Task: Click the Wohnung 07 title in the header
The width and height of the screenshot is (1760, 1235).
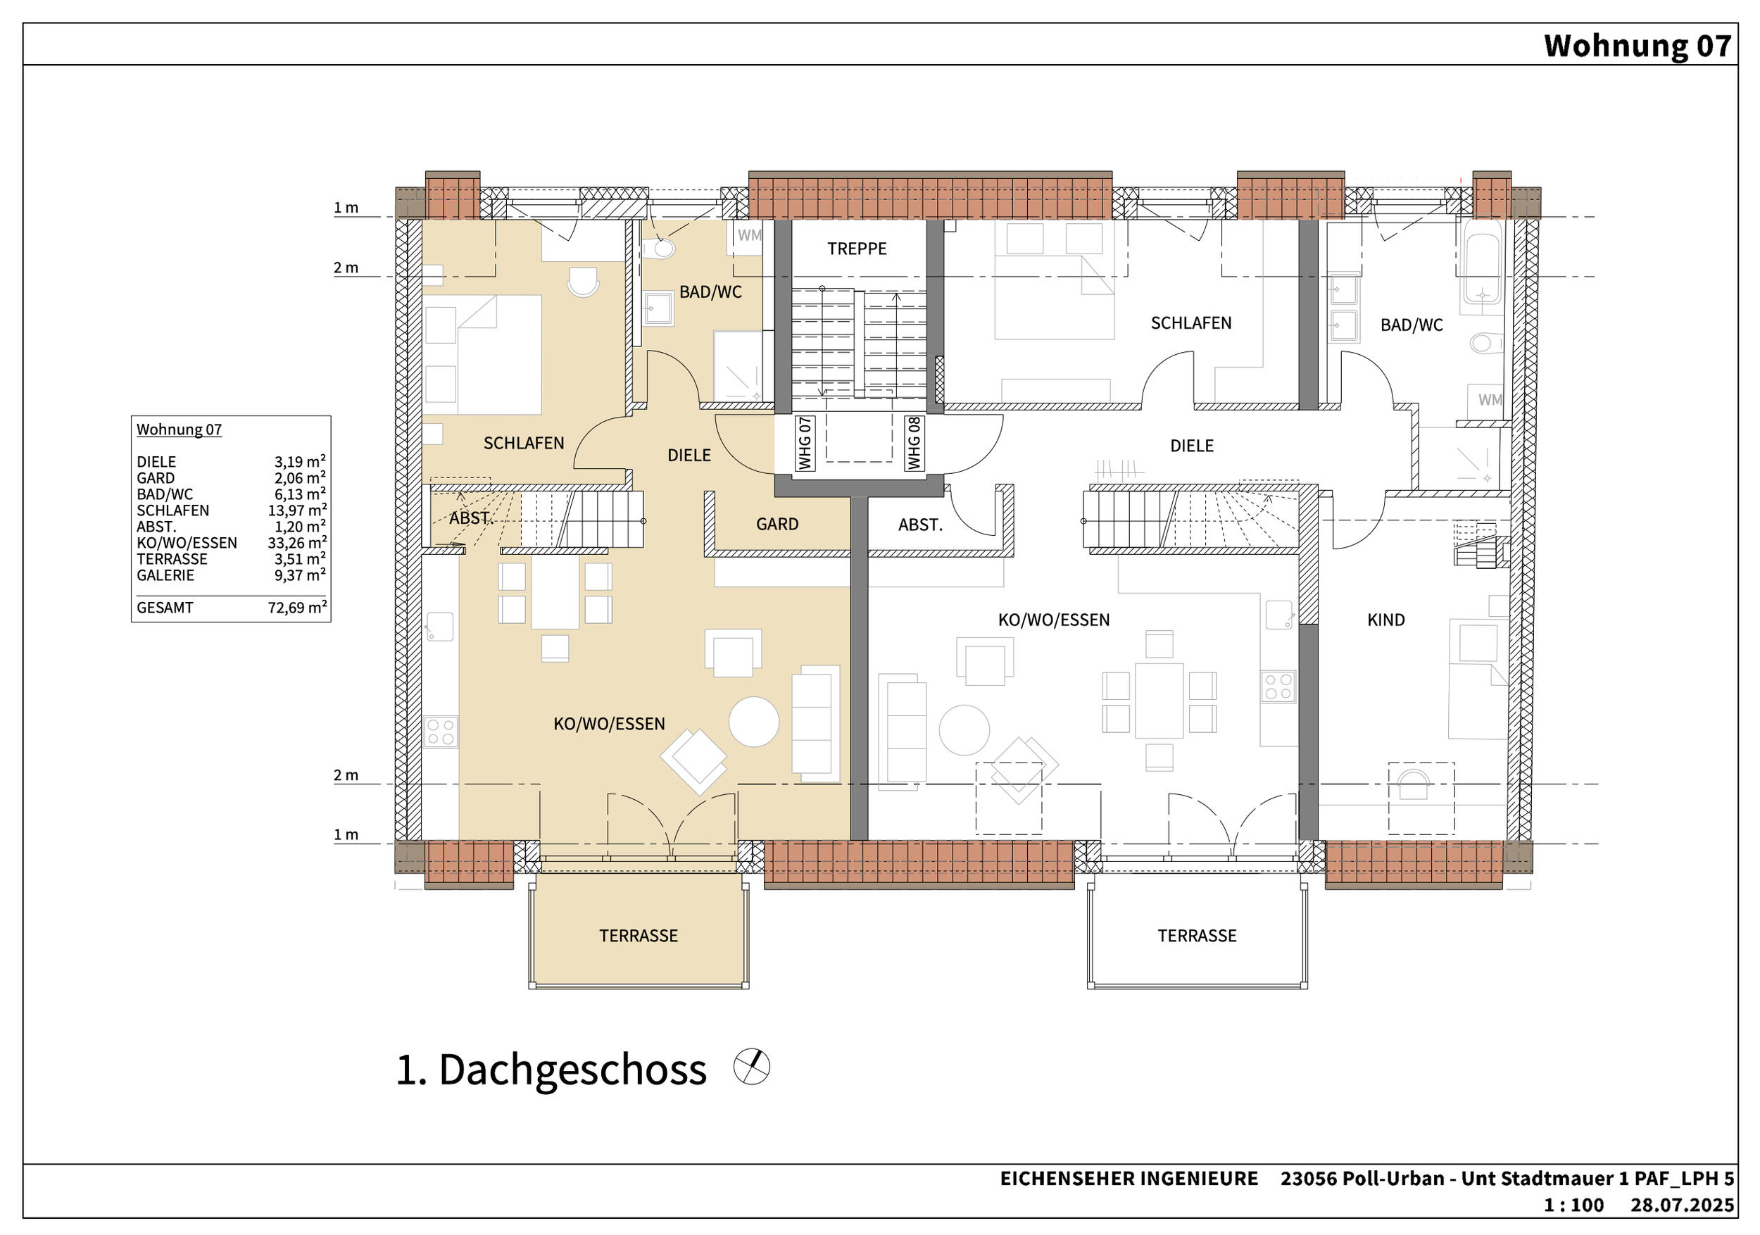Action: point(1638,46)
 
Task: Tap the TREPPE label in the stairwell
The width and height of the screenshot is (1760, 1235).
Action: point(856,249)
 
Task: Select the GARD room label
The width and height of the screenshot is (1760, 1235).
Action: point(777,525)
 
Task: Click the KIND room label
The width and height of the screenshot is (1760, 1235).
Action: point(1386,620)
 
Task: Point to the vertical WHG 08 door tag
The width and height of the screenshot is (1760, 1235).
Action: point(914,443)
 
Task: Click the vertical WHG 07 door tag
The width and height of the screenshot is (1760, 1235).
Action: point(804,443)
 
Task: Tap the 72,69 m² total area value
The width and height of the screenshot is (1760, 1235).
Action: point(297,608)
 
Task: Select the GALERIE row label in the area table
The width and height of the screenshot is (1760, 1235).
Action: point(165,576)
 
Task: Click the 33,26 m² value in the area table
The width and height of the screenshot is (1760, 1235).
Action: point(297,543)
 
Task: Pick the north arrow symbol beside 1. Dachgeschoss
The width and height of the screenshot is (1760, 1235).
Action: point(751,1066)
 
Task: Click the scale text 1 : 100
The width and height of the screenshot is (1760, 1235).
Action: point(1573,1205)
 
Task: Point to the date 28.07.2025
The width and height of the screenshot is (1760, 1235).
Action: point(1683,1205)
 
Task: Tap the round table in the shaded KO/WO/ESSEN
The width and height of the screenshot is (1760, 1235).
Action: point(754,722)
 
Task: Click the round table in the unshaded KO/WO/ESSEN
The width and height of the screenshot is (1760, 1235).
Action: point(964,730)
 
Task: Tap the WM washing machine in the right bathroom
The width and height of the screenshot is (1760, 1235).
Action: point(1490,400)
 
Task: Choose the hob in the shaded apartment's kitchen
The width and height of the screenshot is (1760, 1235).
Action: point(441,732)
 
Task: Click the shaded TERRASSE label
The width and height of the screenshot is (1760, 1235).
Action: point(639,935)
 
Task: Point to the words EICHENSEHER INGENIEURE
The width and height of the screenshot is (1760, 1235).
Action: point(1129,1178)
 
